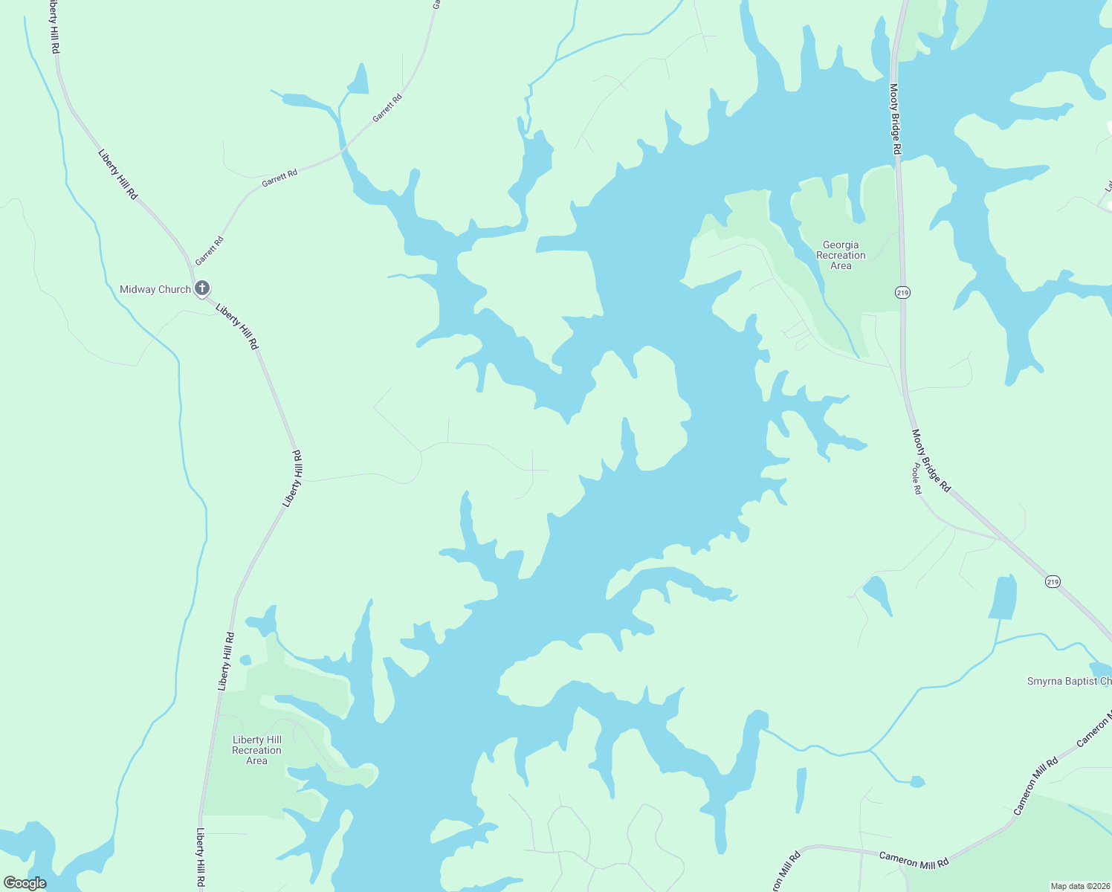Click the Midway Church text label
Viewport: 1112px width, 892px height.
pos(155,290)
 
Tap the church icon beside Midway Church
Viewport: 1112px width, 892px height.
pos(201,288)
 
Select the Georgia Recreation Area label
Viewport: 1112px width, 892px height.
pos(841,255)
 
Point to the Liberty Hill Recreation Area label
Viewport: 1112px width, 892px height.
pos(256,750)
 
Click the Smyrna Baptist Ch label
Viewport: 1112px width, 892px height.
pos(1069,681)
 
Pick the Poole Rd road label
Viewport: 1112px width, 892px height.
pos(917,479)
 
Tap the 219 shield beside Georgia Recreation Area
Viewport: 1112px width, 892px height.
pos(902,292)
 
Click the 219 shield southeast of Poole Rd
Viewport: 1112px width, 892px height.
pos(1053,581)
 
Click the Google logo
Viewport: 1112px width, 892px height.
pos(25,883)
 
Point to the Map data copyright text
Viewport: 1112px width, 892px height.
pos(1079,886)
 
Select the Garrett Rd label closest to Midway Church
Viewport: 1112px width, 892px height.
pos(210,251)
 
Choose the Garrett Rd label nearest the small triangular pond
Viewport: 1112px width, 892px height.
pos(387,108)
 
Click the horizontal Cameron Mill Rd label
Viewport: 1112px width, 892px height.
pos(914,860)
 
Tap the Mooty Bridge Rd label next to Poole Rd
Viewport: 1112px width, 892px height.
pos(931,461)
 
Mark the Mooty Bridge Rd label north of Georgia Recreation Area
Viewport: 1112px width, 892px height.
pos(895,119)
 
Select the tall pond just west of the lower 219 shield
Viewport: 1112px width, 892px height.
pos(1003,597)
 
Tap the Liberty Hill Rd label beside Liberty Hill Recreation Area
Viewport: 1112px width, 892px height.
pos(226,662)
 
